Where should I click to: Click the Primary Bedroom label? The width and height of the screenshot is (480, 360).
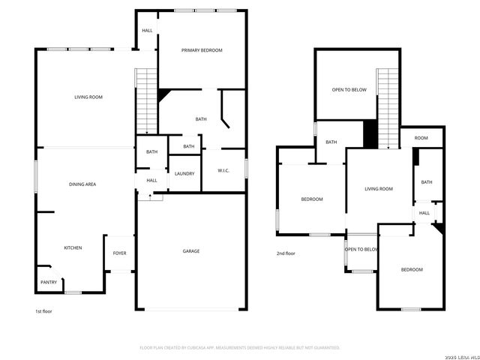[202, 50]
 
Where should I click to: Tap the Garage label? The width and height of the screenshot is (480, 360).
[191, 250]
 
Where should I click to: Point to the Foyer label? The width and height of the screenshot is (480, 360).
[119, 253]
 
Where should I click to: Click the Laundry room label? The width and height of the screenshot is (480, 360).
[184, 173]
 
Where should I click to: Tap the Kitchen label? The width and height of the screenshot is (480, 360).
[73, 247]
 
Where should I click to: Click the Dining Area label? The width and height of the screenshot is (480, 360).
[82, 184]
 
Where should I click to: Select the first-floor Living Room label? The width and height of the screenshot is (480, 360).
[88, 97]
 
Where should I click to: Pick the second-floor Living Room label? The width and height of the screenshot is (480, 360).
[379, 189]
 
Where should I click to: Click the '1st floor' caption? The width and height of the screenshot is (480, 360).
[43, 310]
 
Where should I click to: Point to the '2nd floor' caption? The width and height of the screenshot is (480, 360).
[286, 253]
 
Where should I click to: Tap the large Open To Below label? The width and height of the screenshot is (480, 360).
[349, 90]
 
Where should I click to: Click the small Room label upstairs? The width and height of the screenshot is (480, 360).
[421, 138]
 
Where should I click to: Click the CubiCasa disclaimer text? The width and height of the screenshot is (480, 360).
[240, 347]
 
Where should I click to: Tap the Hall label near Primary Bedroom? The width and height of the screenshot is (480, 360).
[147, 31]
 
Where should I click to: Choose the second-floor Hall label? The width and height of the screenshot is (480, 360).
[424, 213]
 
